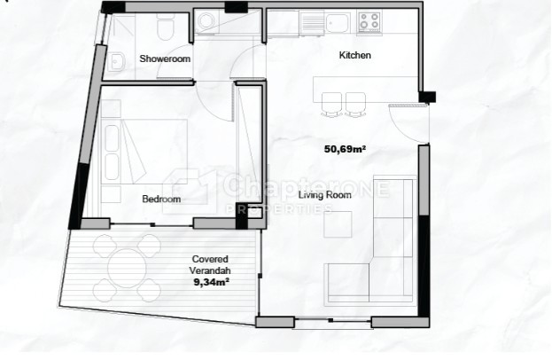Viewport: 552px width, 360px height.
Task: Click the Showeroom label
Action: pos(165,59)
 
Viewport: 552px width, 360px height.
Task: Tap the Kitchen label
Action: pos(354,55)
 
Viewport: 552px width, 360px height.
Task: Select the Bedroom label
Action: pos(161,199)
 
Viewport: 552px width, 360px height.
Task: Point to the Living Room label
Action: pos(325,195)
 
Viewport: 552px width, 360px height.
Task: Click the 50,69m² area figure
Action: pos(345,149)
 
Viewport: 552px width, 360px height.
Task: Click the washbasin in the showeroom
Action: pos(117,62)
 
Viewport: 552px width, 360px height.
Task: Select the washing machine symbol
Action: pos(206,21)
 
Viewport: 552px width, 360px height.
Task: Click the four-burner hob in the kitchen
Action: pos(369,21)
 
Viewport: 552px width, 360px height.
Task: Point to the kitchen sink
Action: pos(338,23)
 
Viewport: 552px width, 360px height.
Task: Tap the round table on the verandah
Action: pos(127,269)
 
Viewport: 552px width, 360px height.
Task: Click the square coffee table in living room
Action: pos(338,224)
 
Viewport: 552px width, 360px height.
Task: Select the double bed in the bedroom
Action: pos(144,152)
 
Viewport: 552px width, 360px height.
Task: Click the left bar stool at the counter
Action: pos(331,105)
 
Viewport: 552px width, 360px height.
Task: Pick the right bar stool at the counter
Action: pos(354,105)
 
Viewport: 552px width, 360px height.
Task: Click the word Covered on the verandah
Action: pos(210,259)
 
